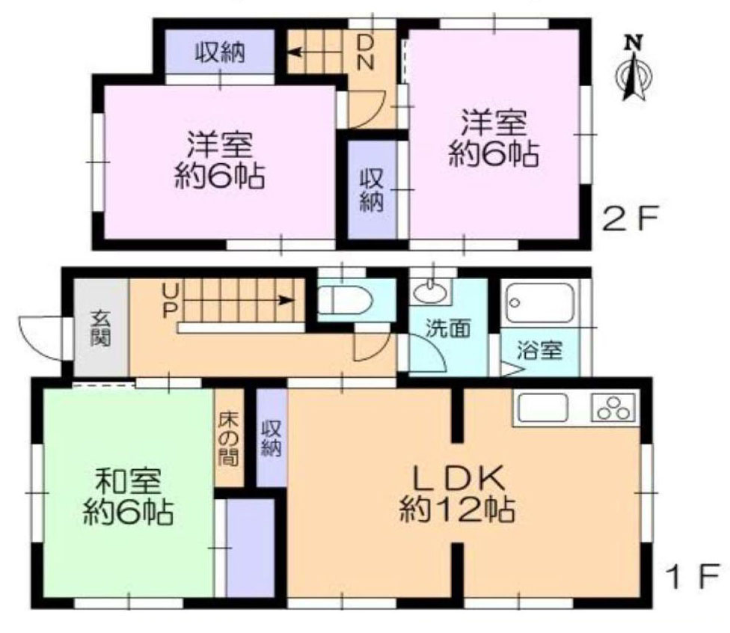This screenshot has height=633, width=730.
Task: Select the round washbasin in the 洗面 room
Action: tap(429, 294)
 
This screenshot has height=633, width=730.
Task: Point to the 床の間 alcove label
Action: tap(229, 438)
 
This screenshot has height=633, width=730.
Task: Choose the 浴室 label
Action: tap(540, 351)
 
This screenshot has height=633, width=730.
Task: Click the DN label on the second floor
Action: tap(365, 51)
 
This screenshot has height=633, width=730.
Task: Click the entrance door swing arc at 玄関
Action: tap(41, 336)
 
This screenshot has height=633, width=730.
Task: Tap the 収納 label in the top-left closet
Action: tap(221, 53)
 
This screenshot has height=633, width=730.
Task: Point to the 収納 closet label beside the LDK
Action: tap(271, 438)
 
